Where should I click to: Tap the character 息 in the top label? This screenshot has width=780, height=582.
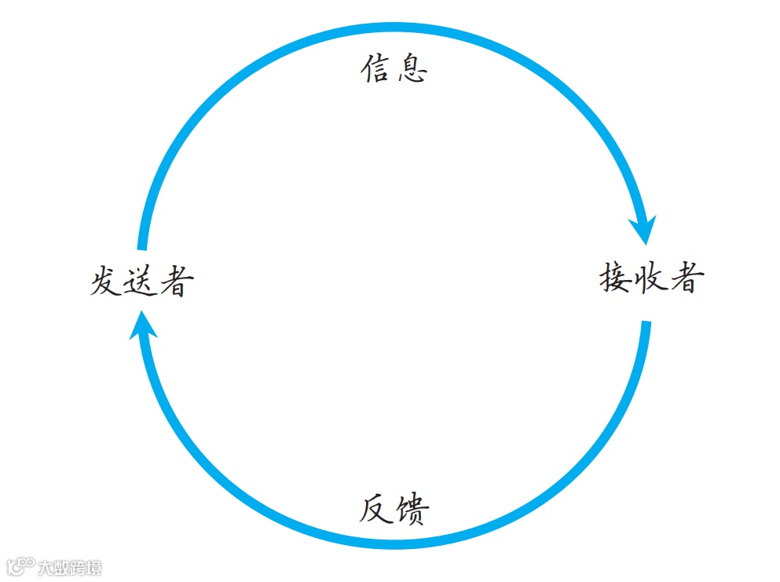pyautogui.click(x=412, y=69)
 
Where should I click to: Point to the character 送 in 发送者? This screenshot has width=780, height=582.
pyautogui.click(x=140, y=282)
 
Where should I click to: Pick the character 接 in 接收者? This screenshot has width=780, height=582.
pyautogui.click(x=617, y=278)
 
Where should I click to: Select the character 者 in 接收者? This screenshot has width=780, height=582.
pyautogui.click(x=683, y=278)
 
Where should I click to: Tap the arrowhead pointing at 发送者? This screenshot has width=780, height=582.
pyautogui.click(x=142, y=324)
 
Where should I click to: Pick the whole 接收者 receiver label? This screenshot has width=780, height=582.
pyautogui.click(x=650, y=278)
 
